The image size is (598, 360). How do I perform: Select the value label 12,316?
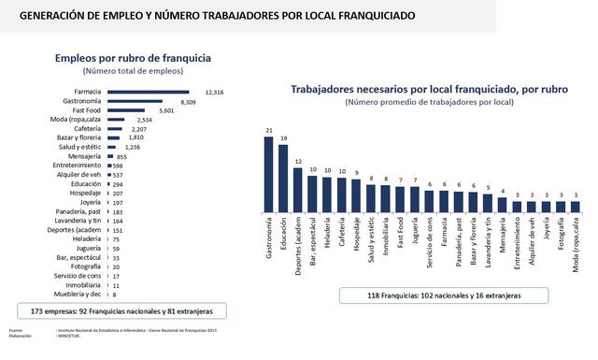click(x=215, y=93)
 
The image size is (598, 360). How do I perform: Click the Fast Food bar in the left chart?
click(x=131, y=110)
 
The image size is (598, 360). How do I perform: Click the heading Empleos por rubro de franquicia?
click(x=147, y=57)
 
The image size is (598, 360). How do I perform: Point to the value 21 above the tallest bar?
click(x=269, y=131)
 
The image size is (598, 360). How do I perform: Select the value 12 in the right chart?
click(x=298, y=160)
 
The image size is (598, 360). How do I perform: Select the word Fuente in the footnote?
click(x=16, y=329)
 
